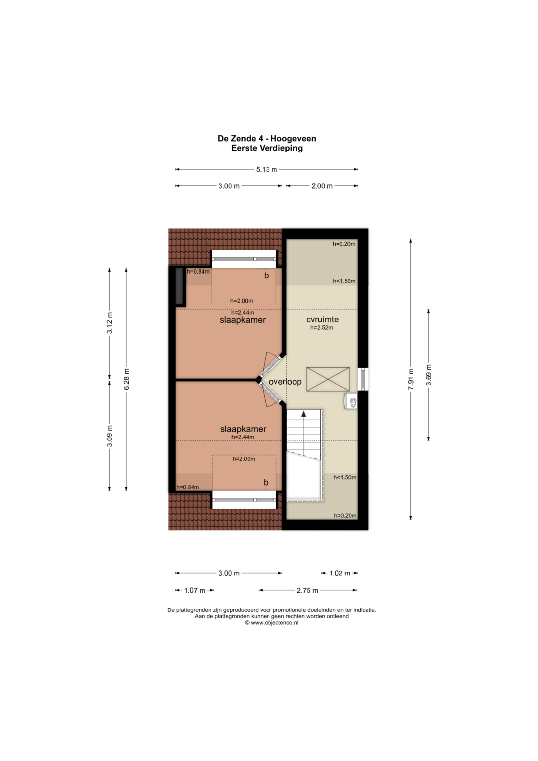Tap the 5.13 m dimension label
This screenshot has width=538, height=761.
point(267,169)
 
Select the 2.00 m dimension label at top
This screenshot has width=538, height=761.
point(322,186)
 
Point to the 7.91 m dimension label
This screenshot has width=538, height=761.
point(411,379)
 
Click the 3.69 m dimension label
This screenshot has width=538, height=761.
point(429,375)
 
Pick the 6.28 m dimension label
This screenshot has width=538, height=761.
point(126,379)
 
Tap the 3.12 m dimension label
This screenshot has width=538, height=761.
point(110,323)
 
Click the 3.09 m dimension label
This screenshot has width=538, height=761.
point(110,436)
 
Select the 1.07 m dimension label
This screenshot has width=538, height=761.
point(195,590)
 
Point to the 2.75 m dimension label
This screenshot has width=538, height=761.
point(307,590)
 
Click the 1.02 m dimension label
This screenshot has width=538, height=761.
point(340,573)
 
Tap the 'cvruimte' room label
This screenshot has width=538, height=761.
point(322,319)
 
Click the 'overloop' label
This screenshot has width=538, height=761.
point(285,382)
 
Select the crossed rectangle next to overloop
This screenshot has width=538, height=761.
point(328,379)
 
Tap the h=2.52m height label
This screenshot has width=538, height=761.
point(322,328)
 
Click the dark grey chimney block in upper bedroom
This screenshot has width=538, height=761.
point(179,286)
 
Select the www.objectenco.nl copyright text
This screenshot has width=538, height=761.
point(271,623)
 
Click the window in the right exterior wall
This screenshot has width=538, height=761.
point(363,379)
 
